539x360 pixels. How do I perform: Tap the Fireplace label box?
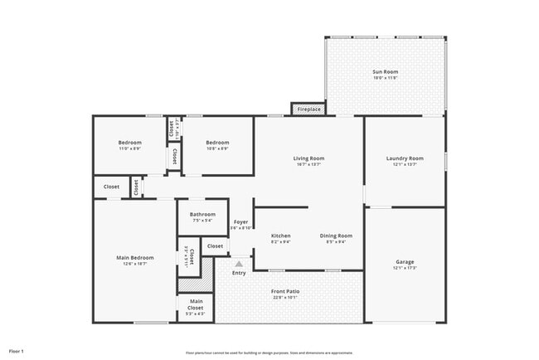point(308,109)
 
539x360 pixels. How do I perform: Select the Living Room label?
point(308,158)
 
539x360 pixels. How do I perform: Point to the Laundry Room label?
point(405,158)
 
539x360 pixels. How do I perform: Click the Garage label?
point(405,262)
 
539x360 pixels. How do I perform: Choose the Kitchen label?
point(281,236)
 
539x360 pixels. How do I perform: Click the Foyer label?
point(240,221)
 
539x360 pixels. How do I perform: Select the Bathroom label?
point(202,214)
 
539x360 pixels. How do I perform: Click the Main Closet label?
point(197,304)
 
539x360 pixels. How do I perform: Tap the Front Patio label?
point(285,291)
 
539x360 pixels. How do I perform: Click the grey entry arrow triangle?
point(239,263)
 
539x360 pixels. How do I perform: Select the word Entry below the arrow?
point(239,273)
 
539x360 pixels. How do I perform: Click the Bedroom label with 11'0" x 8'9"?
point(129,143)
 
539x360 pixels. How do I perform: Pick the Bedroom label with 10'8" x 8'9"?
point(217,143)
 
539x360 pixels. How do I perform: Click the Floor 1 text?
point(17,351)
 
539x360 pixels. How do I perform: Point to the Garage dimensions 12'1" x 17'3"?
point(405,268)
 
